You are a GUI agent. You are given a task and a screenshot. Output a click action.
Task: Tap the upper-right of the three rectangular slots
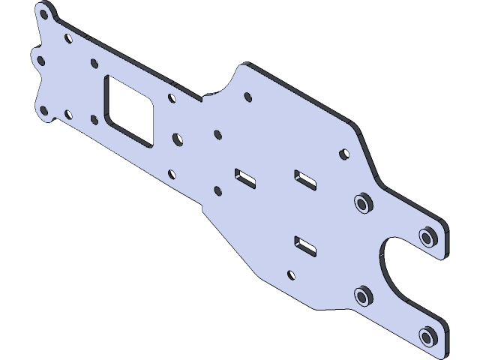(x=304, y=179)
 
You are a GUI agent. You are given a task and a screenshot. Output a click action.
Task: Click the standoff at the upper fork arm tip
(x=428, y=237)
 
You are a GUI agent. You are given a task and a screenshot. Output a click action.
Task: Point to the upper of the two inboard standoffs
(x=363, y=203)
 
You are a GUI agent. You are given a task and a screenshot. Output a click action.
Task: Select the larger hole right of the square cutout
(x=178, y=139)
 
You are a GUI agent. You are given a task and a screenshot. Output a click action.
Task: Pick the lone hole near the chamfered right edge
(x=345, y=153)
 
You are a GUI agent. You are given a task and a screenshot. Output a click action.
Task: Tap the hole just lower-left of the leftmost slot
(x=217, y=190)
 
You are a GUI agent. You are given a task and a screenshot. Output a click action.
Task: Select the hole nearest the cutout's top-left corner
(x=94, y=64)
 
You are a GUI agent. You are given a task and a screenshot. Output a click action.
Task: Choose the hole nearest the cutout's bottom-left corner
(x=94, y=118)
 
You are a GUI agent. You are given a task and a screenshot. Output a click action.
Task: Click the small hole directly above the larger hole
(x=172, y=97)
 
